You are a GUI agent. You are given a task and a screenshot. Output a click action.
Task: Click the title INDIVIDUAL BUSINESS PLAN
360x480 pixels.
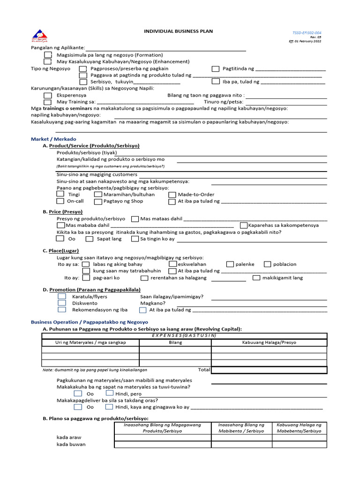178,31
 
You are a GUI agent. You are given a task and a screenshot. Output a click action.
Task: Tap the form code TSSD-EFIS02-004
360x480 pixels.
307,33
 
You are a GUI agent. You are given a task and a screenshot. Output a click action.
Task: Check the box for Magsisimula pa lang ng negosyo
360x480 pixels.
48,55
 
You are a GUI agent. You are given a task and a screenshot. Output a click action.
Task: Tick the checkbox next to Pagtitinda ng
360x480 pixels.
215,68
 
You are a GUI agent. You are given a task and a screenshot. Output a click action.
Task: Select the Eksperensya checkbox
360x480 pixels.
48,95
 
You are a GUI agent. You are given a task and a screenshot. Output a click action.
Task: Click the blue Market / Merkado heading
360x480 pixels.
53,139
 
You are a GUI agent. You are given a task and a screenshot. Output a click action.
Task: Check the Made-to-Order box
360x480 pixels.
172,195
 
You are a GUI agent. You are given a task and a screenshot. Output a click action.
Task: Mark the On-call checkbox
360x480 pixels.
60,201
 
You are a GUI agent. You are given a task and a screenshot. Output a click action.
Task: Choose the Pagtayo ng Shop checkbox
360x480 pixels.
97,202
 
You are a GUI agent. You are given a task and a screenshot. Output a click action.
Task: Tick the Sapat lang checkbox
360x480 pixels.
89,239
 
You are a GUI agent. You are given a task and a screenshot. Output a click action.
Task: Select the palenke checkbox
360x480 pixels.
230,264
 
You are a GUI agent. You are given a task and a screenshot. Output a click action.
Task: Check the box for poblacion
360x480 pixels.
267,264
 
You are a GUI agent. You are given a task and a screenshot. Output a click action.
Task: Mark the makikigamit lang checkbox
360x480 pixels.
256,278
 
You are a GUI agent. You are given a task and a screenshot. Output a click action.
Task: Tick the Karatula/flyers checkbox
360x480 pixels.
62,297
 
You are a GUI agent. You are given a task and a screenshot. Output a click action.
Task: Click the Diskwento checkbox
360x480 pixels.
62,303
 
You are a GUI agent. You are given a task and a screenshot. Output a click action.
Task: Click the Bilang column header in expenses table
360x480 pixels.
175,343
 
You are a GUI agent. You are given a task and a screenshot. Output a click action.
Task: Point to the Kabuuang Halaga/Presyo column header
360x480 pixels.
269,343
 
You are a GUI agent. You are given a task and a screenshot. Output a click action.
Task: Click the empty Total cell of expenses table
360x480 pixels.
269,370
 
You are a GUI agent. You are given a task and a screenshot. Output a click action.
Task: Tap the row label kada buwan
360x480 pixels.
71,444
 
